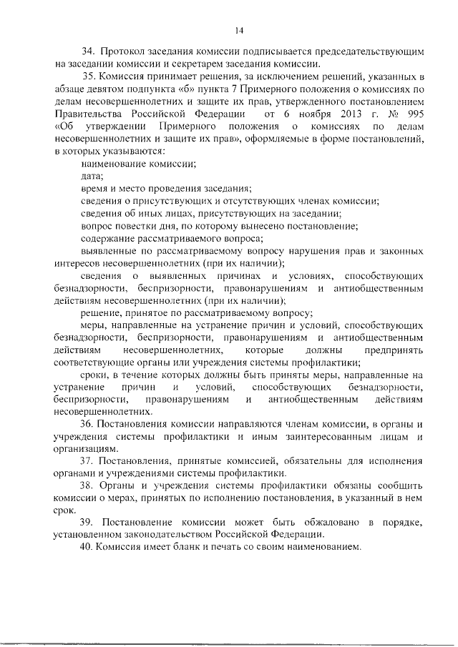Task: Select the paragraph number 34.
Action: coord(88,53)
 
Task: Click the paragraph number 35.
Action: coord(89,76)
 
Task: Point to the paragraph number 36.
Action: coord(89,424)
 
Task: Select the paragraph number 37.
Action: coord(89,460)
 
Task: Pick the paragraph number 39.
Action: coord(89,522)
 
